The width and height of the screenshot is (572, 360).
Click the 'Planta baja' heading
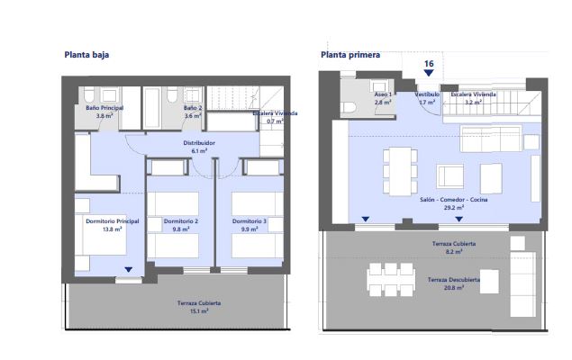click(x=86, y=54)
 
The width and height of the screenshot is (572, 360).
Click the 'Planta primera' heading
click(x=350, y=54)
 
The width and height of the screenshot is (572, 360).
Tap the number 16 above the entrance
click(x=429, y=64)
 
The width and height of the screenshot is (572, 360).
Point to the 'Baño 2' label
click(x=193, y=108)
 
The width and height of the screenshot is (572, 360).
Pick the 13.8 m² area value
click(x=113, y=229)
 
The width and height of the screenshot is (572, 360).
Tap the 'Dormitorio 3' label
click(x=250, y=221)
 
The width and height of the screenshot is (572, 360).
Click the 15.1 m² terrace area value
click(x=198, y=311)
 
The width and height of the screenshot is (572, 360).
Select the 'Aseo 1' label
click(x=383, y=94)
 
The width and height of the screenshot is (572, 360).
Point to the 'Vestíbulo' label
click(x=427, y=94)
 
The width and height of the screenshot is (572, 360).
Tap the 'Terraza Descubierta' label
click(x=453, y=280)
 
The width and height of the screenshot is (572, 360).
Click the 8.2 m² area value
click(x=453, y=252)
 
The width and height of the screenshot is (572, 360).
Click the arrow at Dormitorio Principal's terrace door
click(x=129, y=269)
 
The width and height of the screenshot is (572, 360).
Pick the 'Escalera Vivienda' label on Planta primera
click(x=474, y=94)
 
